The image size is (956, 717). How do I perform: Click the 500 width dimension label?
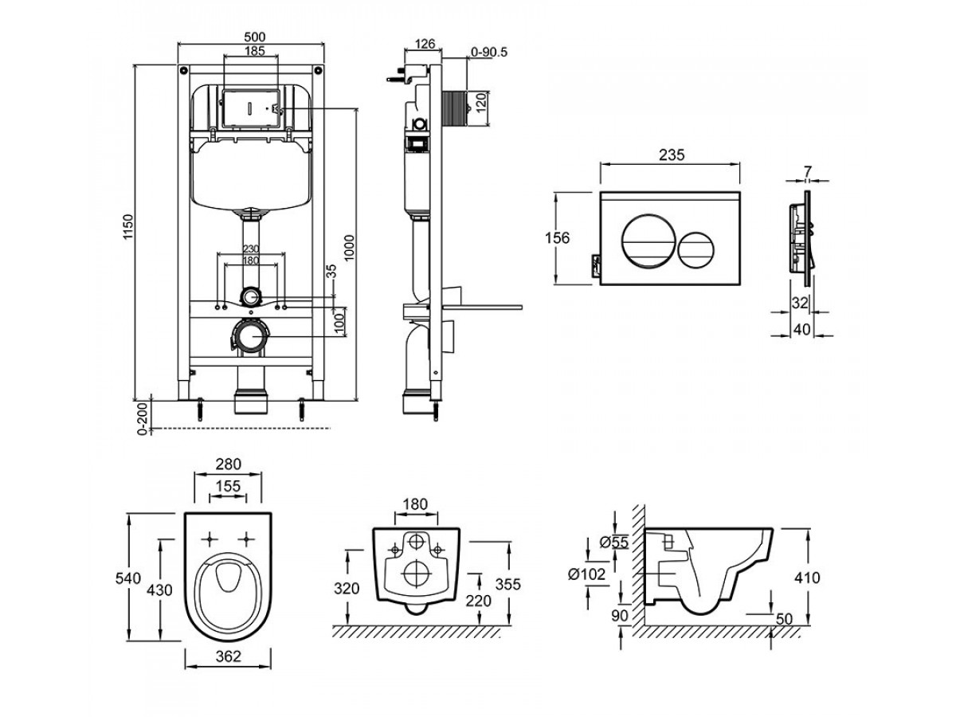pyautogui.click(x=254, y=37)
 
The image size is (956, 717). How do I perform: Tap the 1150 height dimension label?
pyautogui.click(x=127, y=226)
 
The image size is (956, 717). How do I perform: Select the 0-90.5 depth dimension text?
pyautogui.click(x=489, y=53)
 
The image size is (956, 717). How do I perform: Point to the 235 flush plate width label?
pyautogui.click(x=672, y=155)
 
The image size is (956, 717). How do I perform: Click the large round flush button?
pyautogui.click(x=648, y=241)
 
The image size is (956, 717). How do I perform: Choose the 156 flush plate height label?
pyautogui.click(x=557, y=238)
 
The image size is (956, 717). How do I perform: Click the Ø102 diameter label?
pyautogui.click(x=586, y=574)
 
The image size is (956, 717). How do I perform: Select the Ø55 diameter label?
pyautogui.click(x=614, y=543)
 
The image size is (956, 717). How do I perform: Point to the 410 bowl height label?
pyautogui.click(x=807, y=578)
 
